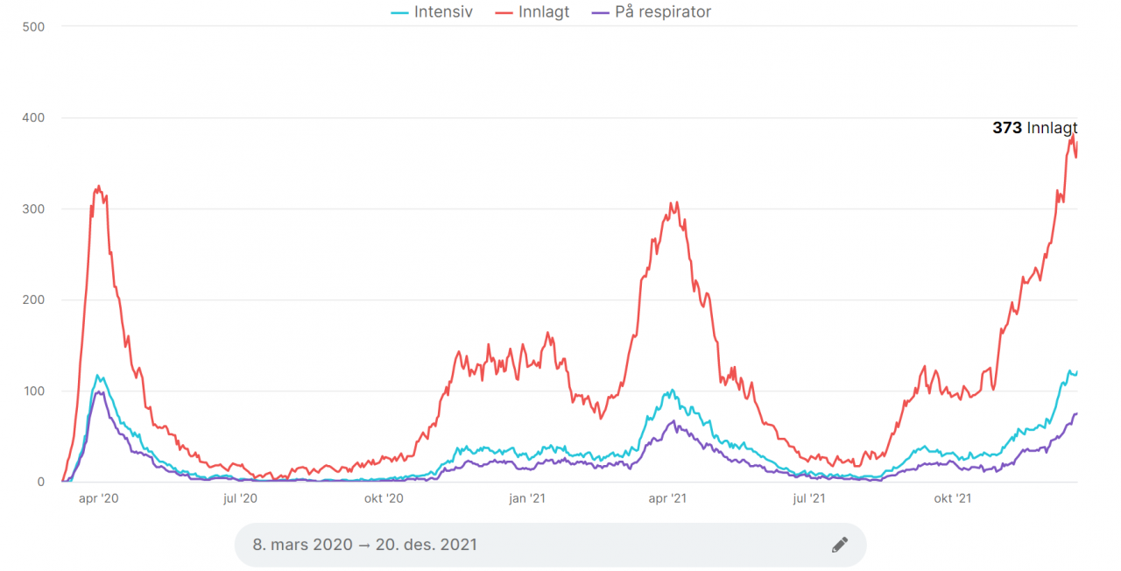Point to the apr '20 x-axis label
pos(98,499)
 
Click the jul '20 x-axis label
pos(240,499)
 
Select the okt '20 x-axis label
pos(384,499)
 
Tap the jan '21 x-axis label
pos(527,499)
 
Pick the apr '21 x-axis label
pos(667,499)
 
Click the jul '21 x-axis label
pos(809,499)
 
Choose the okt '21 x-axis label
pos(953,499)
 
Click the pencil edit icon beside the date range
pos(839,545)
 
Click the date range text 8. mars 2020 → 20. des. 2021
pos(365,545)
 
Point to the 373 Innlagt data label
pos(1034,128)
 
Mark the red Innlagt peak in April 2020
pos(99,186)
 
